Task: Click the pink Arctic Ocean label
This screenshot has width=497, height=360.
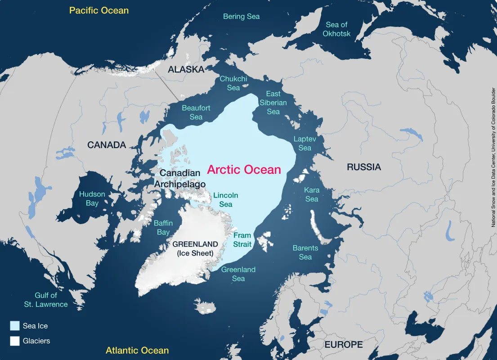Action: coord(244,170)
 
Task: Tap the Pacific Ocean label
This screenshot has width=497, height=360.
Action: coord(99,10)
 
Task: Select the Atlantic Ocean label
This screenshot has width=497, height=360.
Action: coord(137,350)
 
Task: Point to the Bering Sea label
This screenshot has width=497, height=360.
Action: coord(242,16)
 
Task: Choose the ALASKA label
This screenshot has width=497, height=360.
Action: coord(186,69)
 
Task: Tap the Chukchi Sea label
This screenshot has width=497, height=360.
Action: coord(233,83)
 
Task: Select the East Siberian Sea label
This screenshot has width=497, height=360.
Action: coord(273,103)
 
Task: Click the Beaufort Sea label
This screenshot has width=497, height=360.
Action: coord(196,112)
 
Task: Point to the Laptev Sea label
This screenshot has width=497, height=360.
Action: coord(305,143)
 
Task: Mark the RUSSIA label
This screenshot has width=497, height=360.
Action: coord(364,167)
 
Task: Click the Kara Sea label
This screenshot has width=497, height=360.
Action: coord(312,194)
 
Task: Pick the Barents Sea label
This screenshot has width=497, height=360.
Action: coord(305,252)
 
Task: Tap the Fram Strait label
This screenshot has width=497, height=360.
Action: coord(242,239)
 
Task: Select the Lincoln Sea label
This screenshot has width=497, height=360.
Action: coord(226,200)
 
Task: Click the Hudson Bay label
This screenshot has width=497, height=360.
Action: coord(92,198)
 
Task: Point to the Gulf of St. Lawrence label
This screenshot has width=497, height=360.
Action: coord(46,300)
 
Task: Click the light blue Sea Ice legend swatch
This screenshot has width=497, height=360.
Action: coord(15,326)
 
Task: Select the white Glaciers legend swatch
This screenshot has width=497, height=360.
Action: coord(15,341)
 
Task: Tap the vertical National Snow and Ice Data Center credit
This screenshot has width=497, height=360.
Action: coord(493,157)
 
